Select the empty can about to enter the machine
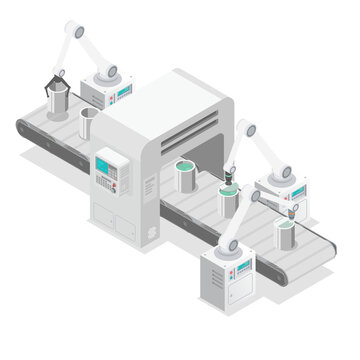click(x=88, y=125)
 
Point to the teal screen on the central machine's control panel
click(x=105, y=161)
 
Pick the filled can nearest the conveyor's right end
click(x=286, y=232)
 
